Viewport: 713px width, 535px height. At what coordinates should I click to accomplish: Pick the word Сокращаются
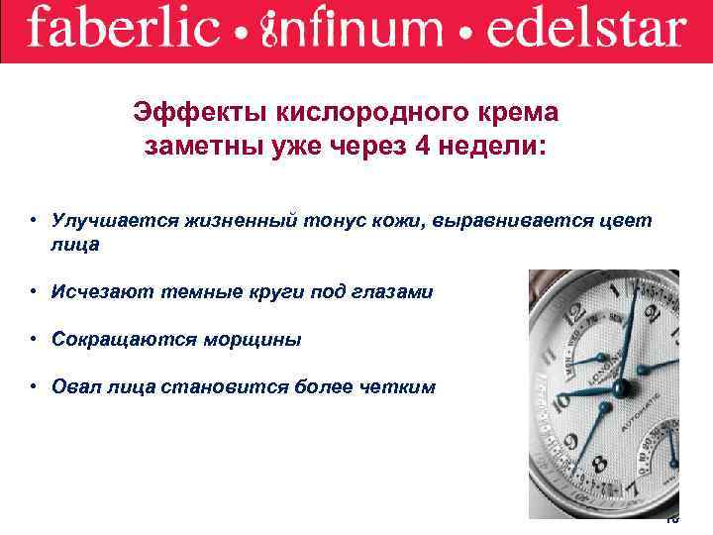(x=118, y=339)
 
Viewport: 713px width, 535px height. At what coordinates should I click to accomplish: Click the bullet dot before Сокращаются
(x=34, y=339)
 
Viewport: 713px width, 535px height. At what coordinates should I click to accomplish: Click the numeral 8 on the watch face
(x=597, y=464)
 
